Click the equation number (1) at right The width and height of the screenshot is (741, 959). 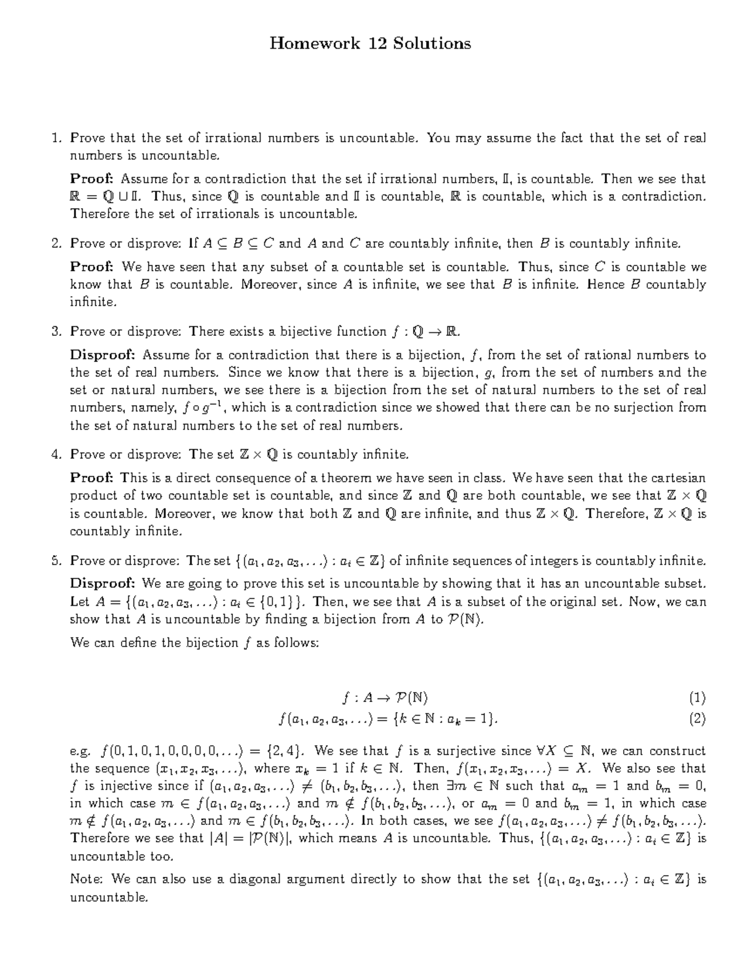697,698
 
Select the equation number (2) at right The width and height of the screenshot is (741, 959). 697,718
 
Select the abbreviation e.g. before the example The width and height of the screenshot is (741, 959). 80,752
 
